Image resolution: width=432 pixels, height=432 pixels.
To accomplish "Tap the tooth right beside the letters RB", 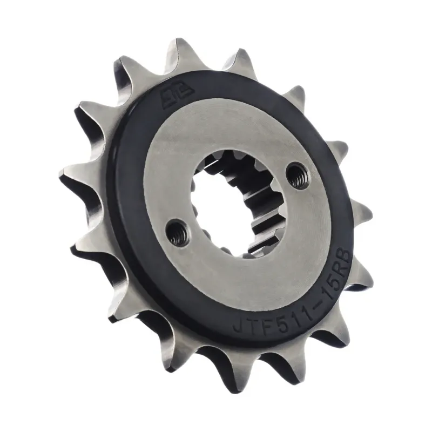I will tap(362, 270).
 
